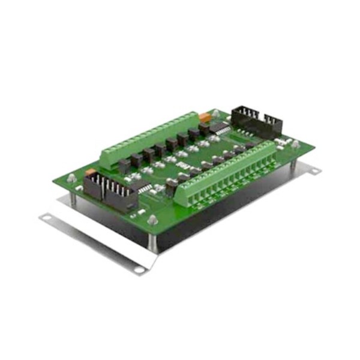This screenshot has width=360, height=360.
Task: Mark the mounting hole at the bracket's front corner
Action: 139,269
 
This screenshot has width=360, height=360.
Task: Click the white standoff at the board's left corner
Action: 71,178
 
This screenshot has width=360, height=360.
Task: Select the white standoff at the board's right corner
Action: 295,143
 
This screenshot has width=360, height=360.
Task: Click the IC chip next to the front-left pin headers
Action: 145,188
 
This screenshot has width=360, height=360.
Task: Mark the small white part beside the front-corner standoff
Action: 139,213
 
